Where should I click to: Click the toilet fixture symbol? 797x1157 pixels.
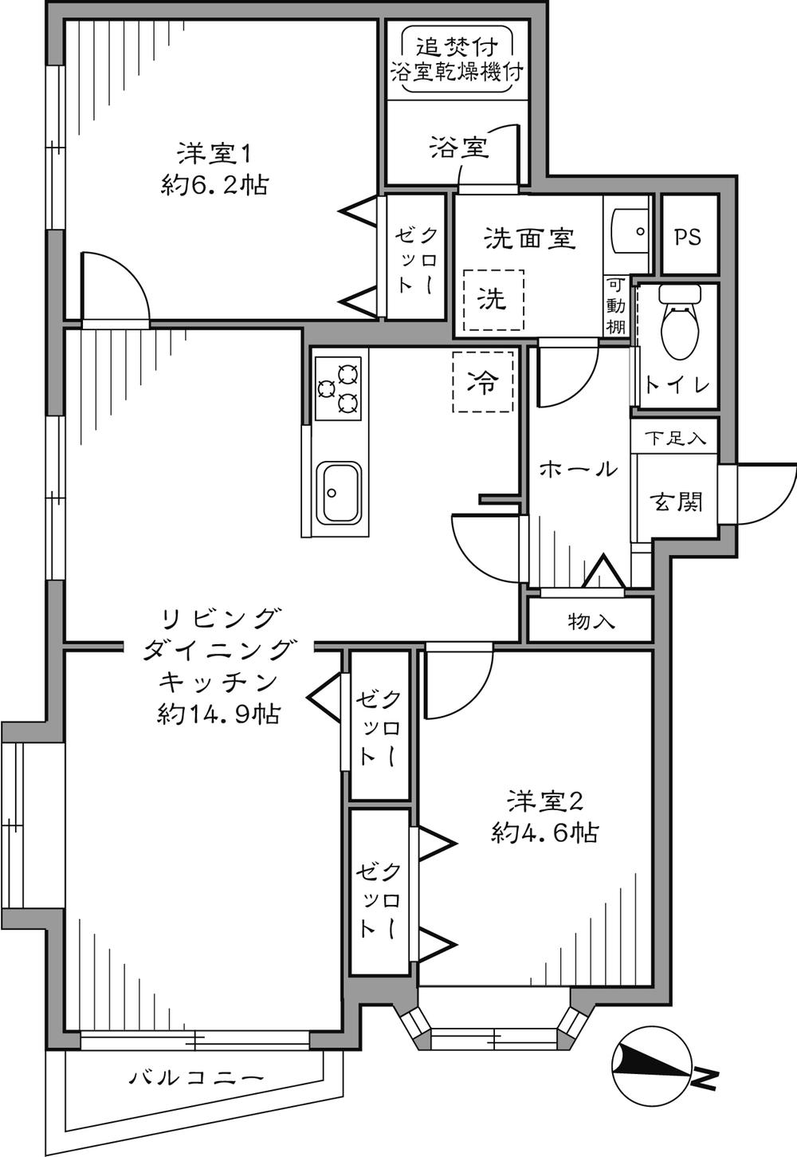(x=677, y=327)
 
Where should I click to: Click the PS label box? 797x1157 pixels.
(x=689, y=237)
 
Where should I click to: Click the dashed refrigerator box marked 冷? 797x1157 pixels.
(x=482, y=383)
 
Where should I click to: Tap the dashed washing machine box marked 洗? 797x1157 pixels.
(x=493, y=298)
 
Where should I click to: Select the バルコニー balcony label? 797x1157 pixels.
(x=195, y=1079)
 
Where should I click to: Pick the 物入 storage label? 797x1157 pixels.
(x=591, y=621)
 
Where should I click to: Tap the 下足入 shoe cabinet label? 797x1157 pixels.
(x=674, y=439)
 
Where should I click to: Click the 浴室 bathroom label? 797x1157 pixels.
(x=458, y=148)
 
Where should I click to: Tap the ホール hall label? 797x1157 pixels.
(x=579, y=469)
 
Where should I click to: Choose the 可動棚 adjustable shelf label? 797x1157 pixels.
(x=616, y=305)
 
